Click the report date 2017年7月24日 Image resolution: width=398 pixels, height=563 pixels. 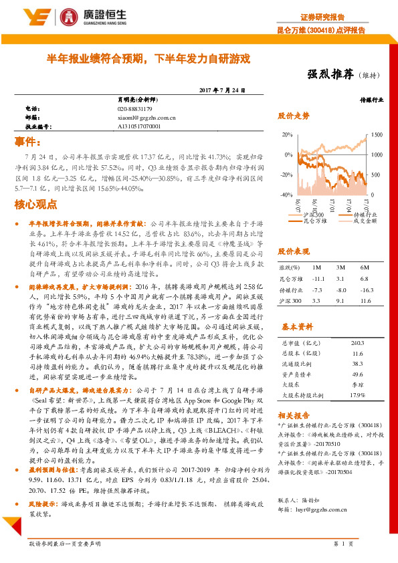tap(223, 90)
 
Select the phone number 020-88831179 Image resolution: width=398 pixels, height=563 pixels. tap(135, 108)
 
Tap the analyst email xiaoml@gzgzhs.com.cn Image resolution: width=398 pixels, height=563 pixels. tap(146, 117)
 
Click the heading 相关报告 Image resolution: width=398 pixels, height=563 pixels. tap(294, 415)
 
